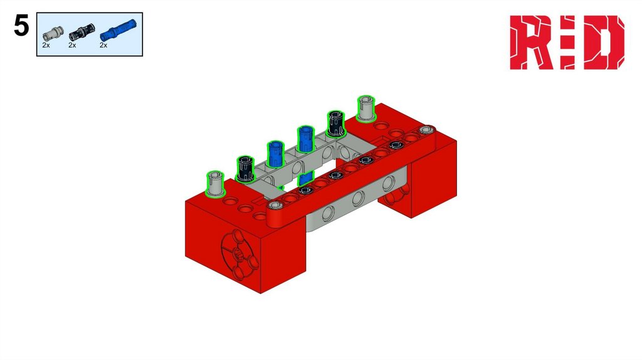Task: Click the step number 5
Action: (x=21, y=26)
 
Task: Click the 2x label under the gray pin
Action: (x=46, y=45)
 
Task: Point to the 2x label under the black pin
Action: (x=72, y=45)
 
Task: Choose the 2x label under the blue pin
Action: (x=103, y=45)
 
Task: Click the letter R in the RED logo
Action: (x=532, y=43)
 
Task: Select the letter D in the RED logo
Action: (x=604, y=43)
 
